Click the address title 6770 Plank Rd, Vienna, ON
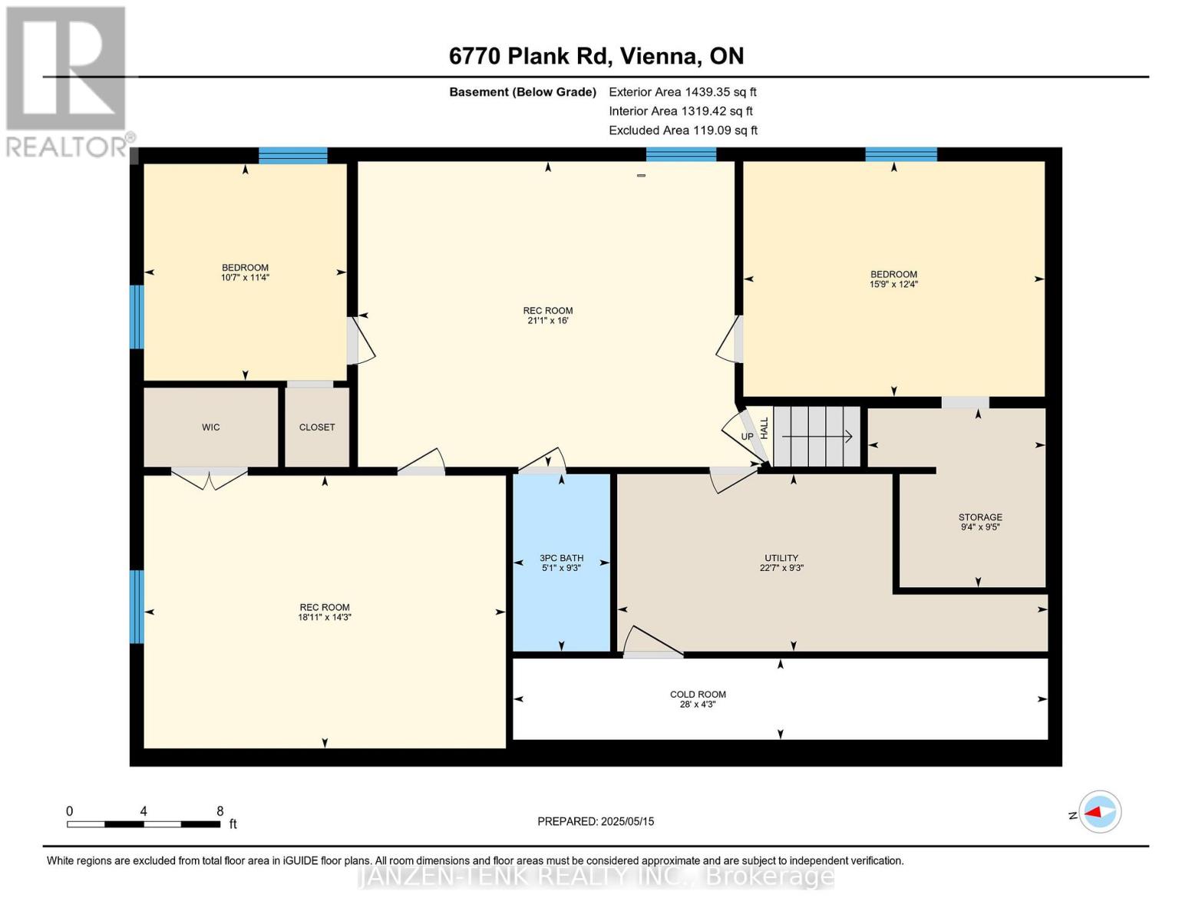tap(596, 56)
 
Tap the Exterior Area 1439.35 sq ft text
tap(682, 92)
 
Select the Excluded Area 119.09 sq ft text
tap(682, 130)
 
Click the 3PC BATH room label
tap(561, 558)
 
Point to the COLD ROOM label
tap(698, 695)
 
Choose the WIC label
tap(211, 427)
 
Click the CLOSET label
tap(317, 427)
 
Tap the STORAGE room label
tap(980, 517)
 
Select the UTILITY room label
tap(781, 558)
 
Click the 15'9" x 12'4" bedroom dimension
tap(893, 285)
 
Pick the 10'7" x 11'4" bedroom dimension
tap(245, 278)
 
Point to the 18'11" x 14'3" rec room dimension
tap(325, 617)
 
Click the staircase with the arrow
tap(817, 437)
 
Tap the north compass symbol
tap(1099, 812)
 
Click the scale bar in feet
tap(144, 824)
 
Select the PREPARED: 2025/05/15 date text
tap(596, 821)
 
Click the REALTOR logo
tap(68, 81)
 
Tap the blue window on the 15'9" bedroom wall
tap(900, 154)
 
